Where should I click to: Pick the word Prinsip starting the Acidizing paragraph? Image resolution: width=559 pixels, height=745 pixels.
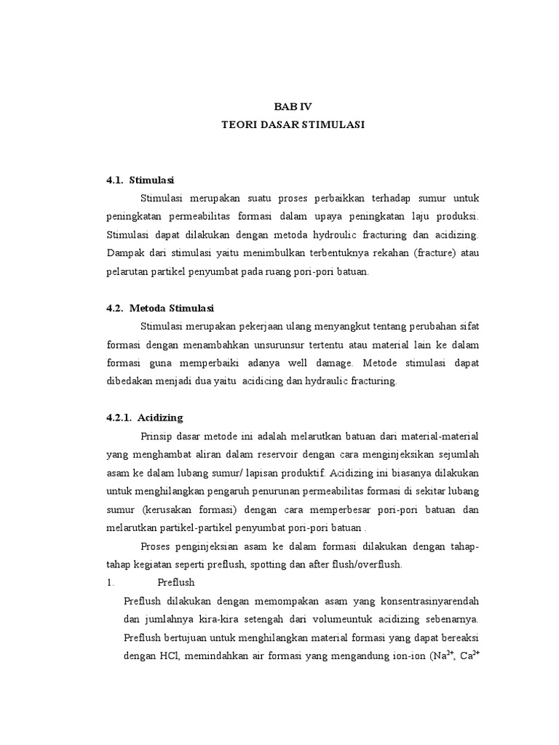point(156,437)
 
